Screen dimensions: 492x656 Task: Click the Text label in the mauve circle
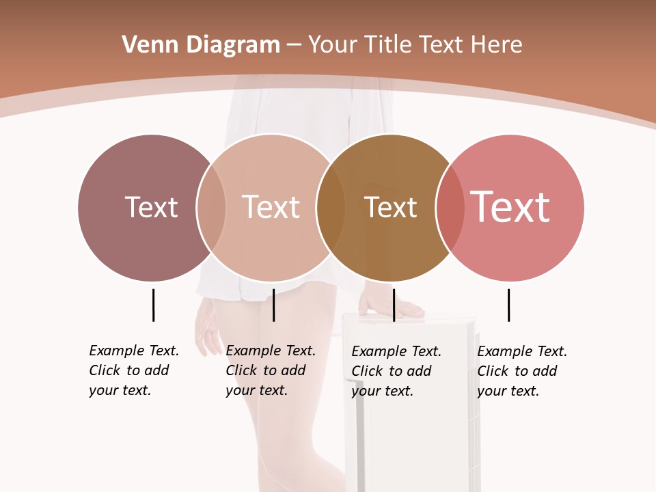[151, 207]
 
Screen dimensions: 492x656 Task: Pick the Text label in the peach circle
[271, 207]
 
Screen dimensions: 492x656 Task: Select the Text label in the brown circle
[390, 207]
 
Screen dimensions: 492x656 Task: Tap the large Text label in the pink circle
[510, 207]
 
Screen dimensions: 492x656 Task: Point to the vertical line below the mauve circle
[153, 305]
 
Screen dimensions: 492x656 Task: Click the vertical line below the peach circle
[273, 305]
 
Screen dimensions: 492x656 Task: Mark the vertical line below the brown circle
[394, 305]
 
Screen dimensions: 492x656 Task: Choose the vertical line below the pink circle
[508, 305]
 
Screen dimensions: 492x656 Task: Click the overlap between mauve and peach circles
[211, 207]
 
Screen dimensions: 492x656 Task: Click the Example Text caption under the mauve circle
[134, 370]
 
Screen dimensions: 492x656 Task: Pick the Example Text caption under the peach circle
[271, 370]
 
